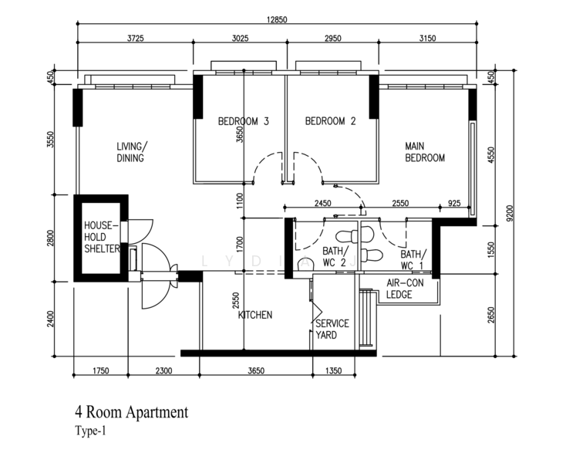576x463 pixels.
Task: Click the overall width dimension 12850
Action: (x=277, y=19)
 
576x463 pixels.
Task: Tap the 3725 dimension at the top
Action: (x=136, y=38)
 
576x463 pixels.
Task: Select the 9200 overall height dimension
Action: (x=510, y=213)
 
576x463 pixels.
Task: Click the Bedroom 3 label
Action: (x=244, y=121)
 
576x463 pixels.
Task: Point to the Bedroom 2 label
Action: (x=331, y=121)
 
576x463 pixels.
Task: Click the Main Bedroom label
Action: (x=425, y=152)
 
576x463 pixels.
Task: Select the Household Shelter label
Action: (x=102, y=237)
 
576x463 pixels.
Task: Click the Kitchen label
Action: (x=255, y=315)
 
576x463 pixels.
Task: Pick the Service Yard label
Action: (x=332, y=330)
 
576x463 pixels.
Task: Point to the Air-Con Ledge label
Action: (x=405, y=289)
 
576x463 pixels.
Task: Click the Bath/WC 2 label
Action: (x=335, y=257)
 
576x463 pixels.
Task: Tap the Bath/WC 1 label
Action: (x=413, y=259)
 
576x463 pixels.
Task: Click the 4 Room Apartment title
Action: (x=132, y=412)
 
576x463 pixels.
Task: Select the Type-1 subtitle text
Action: (x=90, y=431)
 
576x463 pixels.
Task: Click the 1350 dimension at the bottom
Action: (x=334, y=370)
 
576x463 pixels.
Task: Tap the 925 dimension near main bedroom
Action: (x=454, y=203)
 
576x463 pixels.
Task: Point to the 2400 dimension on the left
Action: (x=51, y=319)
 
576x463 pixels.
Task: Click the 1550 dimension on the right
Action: (x=491, y=250)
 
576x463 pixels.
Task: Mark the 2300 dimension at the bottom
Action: (x=163, y=370)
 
